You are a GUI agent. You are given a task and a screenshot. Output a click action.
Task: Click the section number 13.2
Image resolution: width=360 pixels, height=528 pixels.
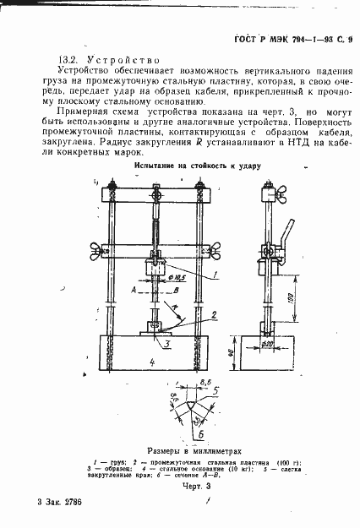click(x=68, y=61)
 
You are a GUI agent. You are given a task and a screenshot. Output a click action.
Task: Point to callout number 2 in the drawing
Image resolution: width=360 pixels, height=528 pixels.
click(x=215, y=313)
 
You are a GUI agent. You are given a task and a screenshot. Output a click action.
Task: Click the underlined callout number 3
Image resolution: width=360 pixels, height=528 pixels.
click(x=167, y=344)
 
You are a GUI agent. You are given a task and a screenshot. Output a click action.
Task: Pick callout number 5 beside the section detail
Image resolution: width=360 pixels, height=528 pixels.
click(x=216, y=391)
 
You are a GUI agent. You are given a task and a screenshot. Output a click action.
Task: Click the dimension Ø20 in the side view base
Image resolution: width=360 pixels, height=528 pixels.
click(x=269, y=342)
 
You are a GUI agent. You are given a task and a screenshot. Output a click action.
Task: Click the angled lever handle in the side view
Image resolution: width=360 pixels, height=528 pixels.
click(x=289, y=231)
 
